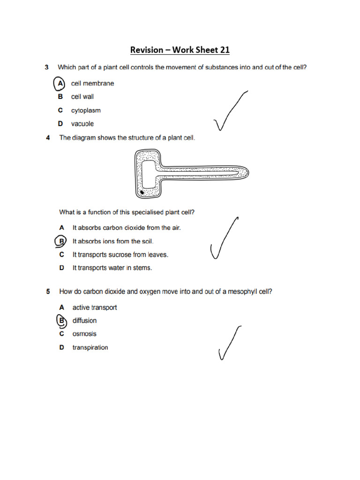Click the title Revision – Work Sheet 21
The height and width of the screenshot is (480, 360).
pyautogui.click(x=180, y=50)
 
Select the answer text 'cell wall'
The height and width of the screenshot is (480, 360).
pyautogui.click(x=82, y=97)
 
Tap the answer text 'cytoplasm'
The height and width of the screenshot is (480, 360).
pyautogui.click(x=86, y=111)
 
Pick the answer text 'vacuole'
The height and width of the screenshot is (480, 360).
pyautogui.click(x=82, y=124)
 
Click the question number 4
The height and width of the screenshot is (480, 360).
pyautogui.click(x=48, y=138)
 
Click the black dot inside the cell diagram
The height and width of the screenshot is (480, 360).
pyautogui.click(x=142, y=192)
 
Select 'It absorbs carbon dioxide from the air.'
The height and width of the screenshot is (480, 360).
pyautogui.click(x=127, y=227)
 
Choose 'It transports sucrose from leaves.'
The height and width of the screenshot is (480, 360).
pyautogui.click(x=120, y=255)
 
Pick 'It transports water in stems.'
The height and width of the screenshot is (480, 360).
pyautogui.click(x=112, y=268)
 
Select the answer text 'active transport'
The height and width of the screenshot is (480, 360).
pyautogui.click(x=95, y=307)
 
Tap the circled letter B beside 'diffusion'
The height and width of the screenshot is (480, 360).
pyautogui.click(x=60, y=321)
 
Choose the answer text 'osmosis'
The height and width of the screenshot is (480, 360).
pyautogui.click(x=84, y=334)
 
